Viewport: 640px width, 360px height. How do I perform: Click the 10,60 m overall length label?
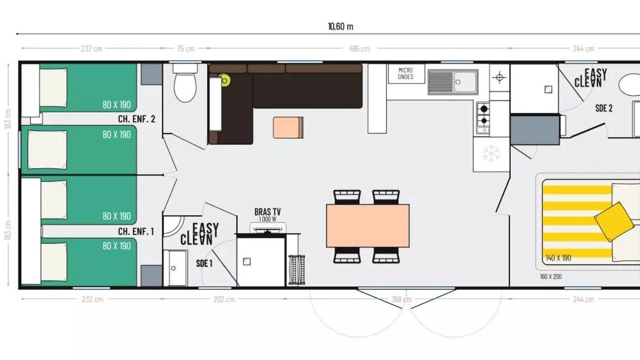[340, 27]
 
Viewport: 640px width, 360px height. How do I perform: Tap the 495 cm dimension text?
[359, 48]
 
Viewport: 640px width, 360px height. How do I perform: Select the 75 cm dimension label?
[185, 48]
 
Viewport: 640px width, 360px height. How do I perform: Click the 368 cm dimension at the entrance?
[401, 299]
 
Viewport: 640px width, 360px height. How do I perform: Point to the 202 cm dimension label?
[224, 299]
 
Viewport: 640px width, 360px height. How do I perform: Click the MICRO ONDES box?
[406, 73]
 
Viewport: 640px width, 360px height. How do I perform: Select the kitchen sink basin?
[465, 82]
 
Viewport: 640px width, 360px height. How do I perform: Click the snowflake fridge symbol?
[491, 153]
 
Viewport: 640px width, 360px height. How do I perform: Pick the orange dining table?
[367, 225]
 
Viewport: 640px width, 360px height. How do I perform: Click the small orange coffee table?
[288, 127]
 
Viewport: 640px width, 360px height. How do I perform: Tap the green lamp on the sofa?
[224, 81]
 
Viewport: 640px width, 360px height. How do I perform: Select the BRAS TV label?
[267, 211]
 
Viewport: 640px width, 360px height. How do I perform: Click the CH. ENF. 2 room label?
[136, 119]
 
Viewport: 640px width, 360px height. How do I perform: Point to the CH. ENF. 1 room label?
[136, 231]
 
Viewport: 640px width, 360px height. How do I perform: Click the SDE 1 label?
[204, 263]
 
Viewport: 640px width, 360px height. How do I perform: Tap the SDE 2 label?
[603, 108]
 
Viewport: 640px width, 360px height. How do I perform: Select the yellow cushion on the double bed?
[613, 221]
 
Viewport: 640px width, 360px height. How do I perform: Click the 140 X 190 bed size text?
[558, 258]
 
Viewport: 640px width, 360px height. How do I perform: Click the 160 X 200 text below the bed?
[550, 276]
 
